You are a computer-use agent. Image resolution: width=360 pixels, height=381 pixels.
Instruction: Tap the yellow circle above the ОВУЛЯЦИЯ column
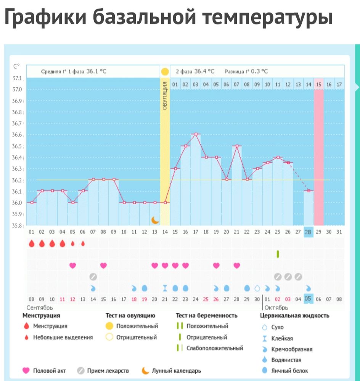pos(165,71)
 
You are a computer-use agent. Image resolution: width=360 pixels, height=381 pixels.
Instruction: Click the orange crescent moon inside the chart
pos(155,220)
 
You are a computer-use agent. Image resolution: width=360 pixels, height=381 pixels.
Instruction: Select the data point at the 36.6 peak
pos(196,134)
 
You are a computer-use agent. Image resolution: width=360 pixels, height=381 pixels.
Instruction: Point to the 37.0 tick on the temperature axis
pos(18,90)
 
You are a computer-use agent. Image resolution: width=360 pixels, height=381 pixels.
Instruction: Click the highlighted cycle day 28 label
pos(309,232)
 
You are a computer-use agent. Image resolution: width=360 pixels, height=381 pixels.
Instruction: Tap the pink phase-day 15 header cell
pos(319,84)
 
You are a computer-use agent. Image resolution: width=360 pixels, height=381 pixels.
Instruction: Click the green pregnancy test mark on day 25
pos(278,253)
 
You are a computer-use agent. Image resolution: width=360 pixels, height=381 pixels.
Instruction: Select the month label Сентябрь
pos(40,307)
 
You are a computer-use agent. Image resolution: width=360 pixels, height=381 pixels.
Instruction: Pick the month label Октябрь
pos(276,307)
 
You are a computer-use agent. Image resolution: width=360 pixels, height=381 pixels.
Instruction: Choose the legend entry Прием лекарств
pos(108,371)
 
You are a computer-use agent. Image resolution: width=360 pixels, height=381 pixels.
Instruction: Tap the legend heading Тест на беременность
pos(206,315)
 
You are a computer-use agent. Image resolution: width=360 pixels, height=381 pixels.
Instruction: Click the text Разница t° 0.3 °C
pos(246,71)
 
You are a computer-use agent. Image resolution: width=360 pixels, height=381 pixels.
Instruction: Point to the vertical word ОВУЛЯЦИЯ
pos(165,96)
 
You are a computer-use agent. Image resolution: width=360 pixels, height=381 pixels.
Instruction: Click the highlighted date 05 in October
pos(308,299)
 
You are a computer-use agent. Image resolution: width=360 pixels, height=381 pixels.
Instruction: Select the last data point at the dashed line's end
pos(309,190)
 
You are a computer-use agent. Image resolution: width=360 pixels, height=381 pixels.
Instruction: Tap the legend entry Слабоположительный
pos(214,348)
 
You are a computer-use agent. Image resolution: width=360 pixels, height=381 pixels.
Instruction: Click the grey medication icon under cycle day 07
pos(93,277)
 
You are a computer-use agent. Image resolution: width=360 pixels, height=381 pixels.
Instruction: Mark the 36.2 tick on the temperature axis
pos(18,180)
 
